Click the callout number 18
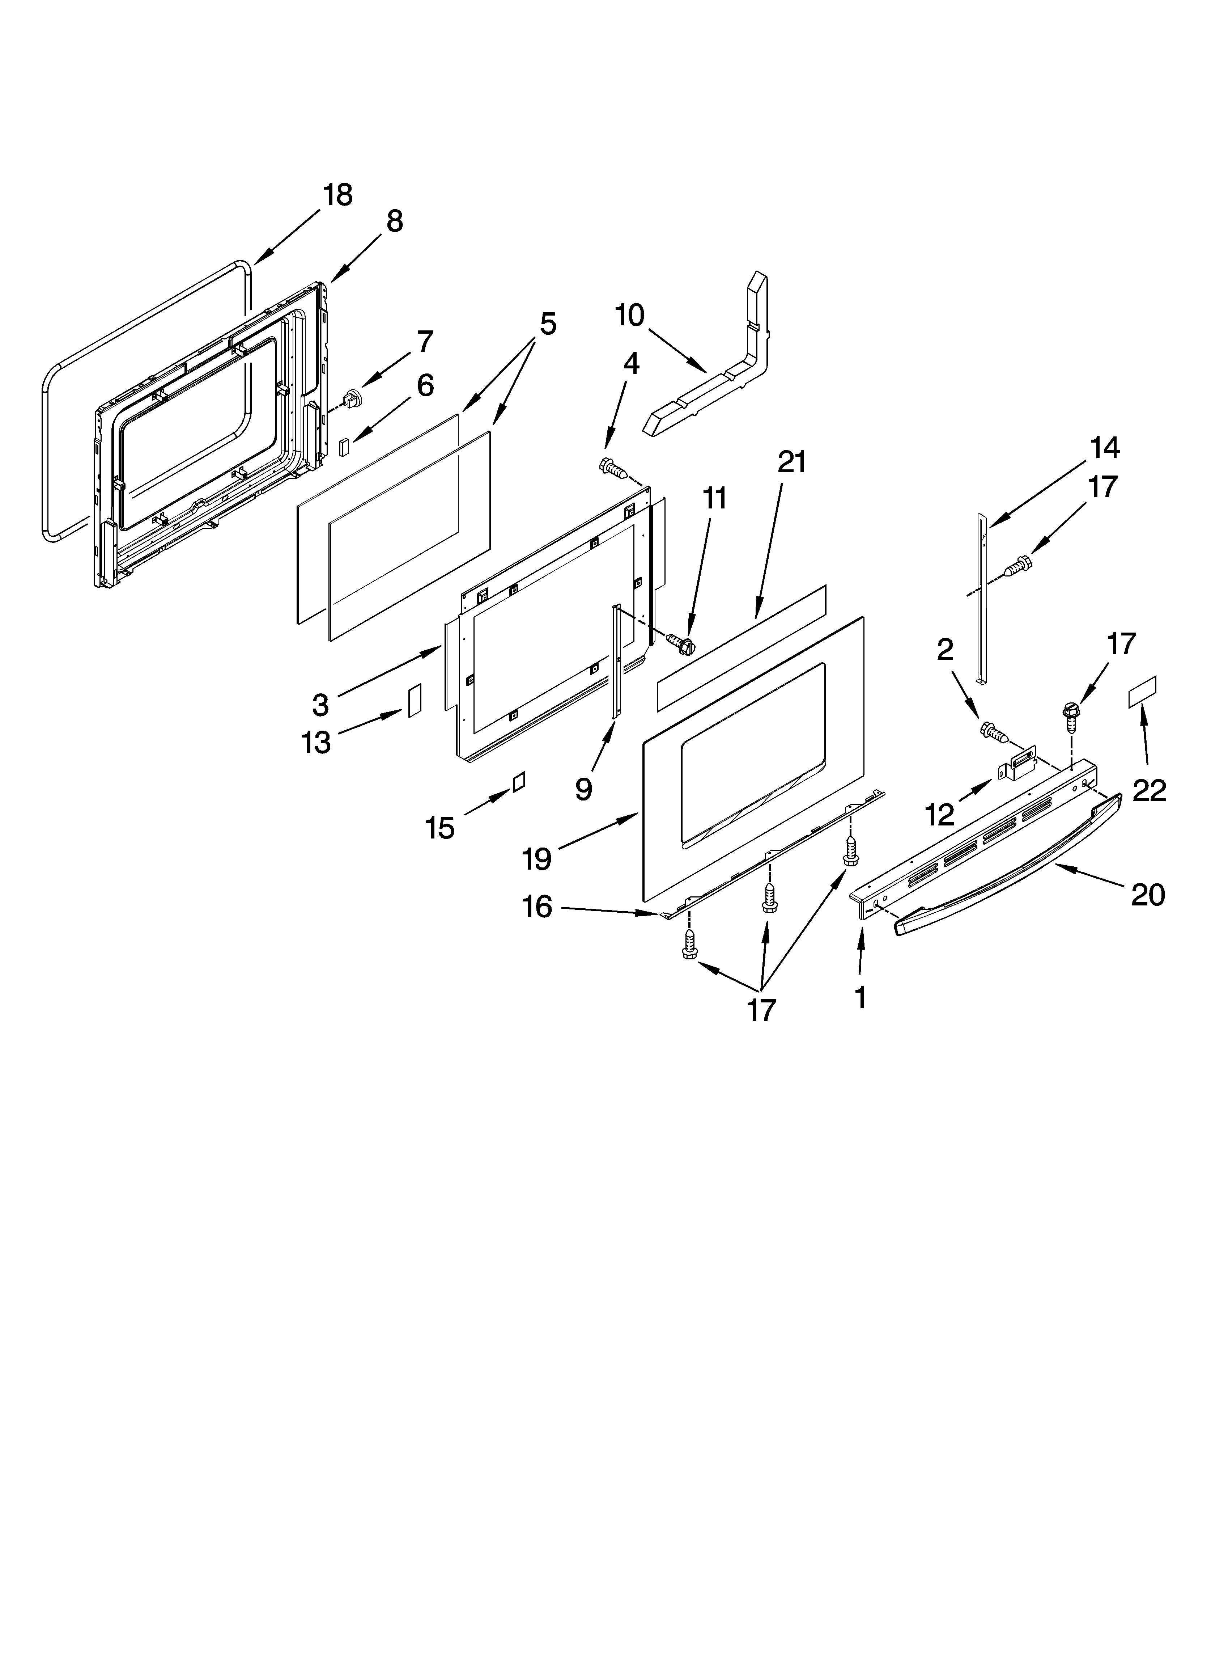click(338, 195)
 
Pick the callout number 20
click(1148, 895)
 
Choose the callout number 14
click(1104, 448)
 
